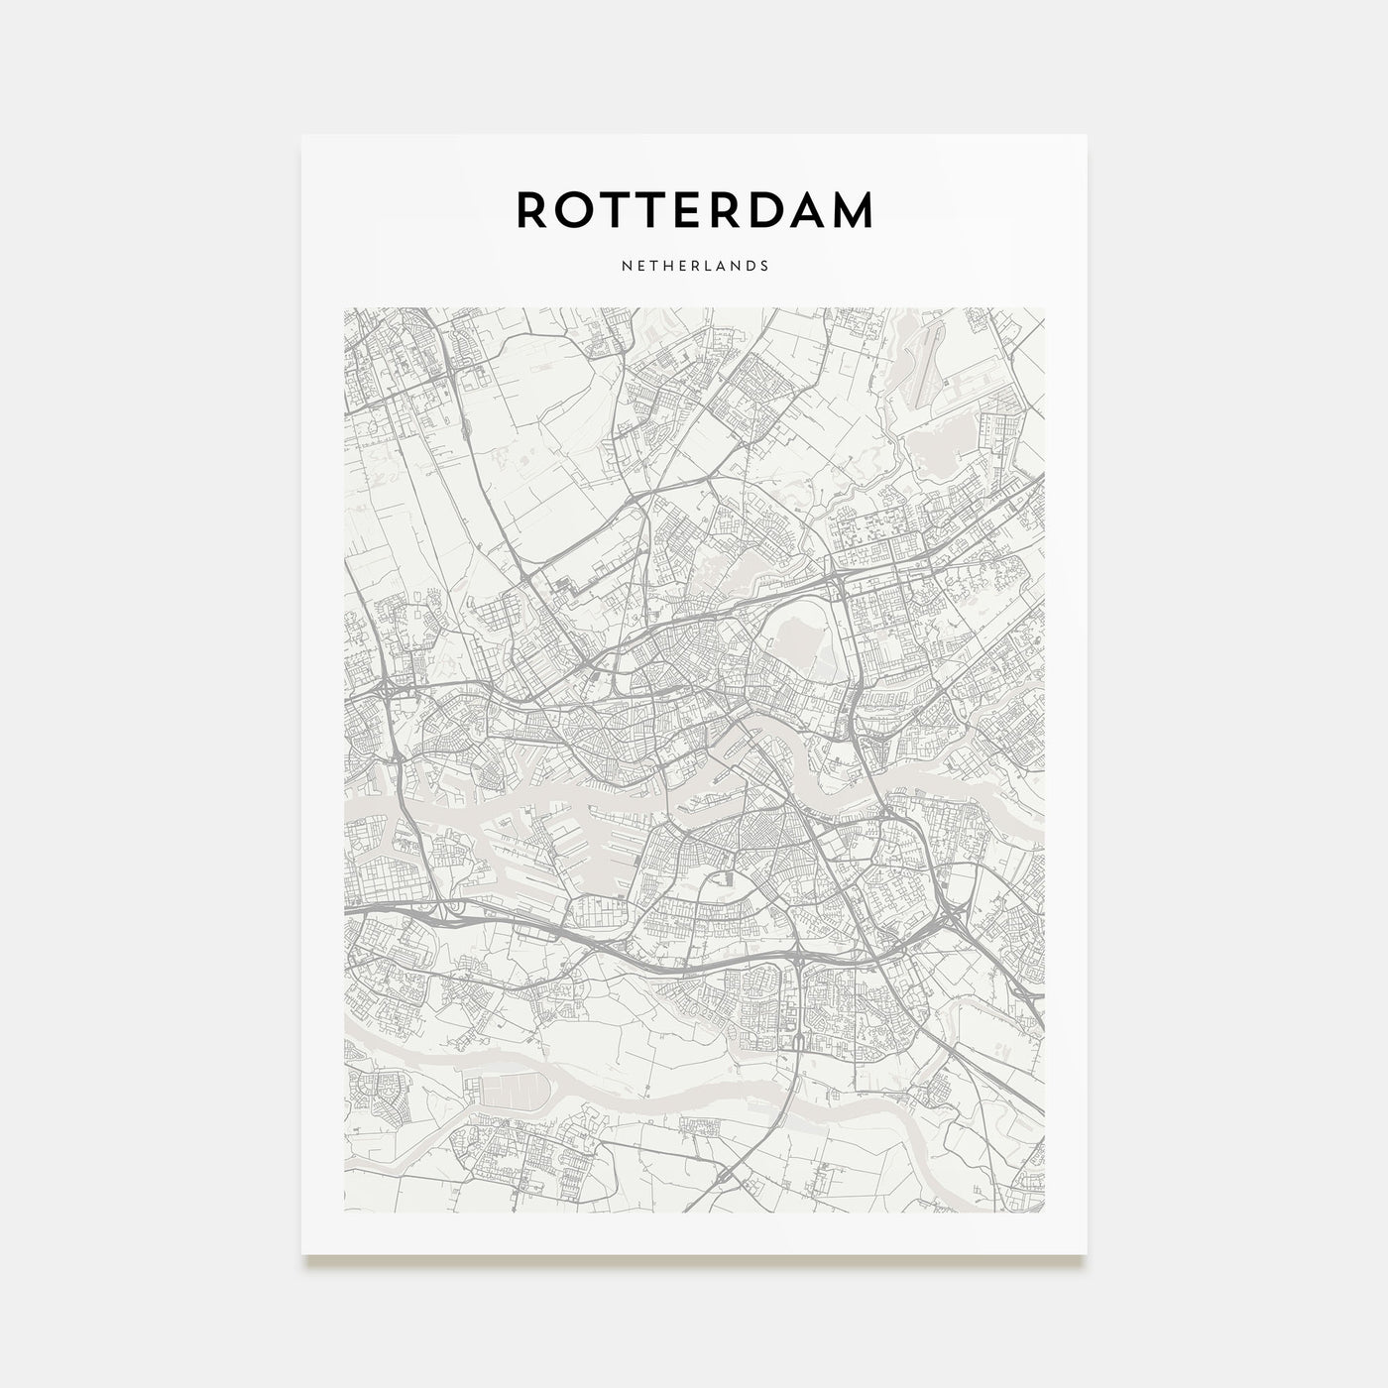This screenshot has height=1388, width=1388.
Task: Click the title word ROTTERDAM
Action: (694, 209)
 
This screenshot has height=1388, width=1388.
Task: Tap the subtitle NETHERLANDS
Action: (694, 266)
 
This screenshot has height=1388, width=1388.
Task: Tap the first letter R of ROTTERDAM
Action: (531, 209)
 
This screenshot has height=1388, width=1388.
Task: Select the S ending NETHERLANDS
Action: (764, 266)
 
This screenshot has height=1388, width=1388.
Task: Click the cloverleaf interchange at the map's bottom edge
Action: (731, 1178)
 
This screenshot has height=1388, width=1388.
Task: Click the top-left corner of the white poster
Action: (302, 135)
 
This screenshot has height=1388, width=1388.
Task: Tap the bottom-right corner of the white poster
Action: (1087, 1254)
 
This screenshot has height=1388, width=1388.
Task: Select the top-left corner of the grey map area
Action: (344, 308)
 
